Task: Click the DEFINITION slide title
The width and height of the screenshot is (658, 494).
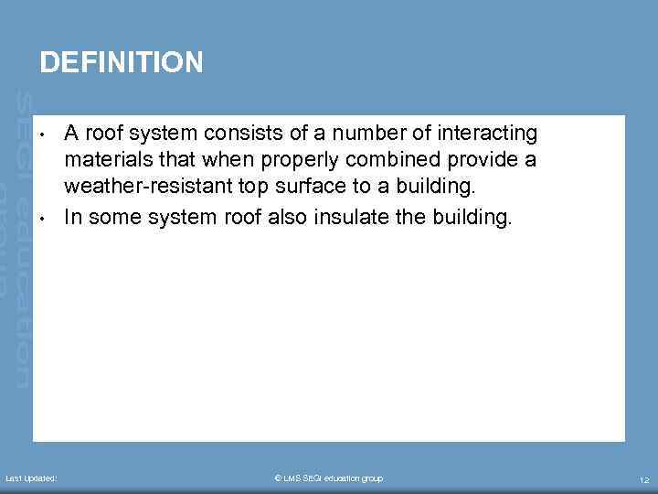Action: (122, 62)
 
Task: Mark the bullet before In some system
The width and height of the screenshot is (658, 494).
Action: (43, 217)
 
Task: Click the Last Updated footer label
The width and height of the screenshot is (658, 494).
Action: (31, 478)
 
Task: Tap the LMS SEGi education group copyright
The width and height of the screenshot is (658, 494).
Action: (329, 478)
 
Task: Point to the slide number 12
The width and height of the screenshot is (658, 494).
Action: (644, 479)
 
